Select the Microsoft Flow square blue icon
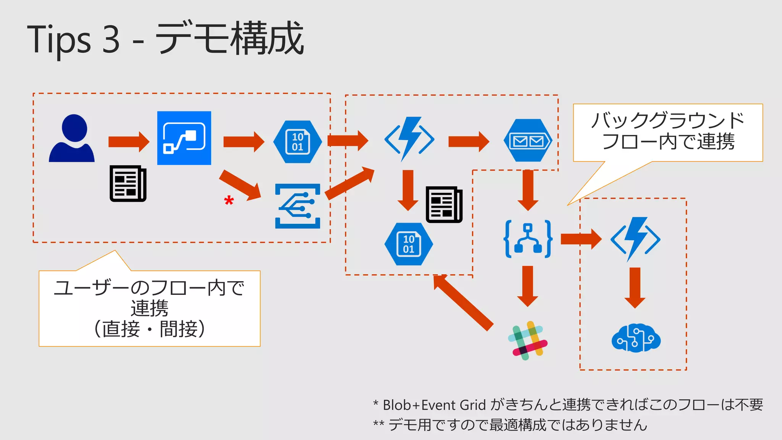(184, 138)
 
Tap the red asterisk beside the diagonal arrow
(229, 200)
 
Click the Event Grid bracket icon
(298, 206)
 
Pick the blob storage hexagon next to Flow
(297, 142)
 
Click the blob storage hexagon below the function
(409, 244)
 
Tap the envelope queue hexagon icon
(528, 141)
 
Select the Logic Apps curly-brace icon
(528, 239)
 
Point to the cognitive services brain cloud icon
(636, 338)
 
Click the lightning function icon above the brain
(635, 239)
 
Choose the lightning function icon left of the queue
(409, 139)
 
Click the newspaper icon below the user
(128, 183)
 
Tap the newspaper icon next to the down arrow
(444, 204)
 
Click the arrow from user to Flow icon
(129, 142)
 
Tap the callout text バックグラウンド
(667, 120)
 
